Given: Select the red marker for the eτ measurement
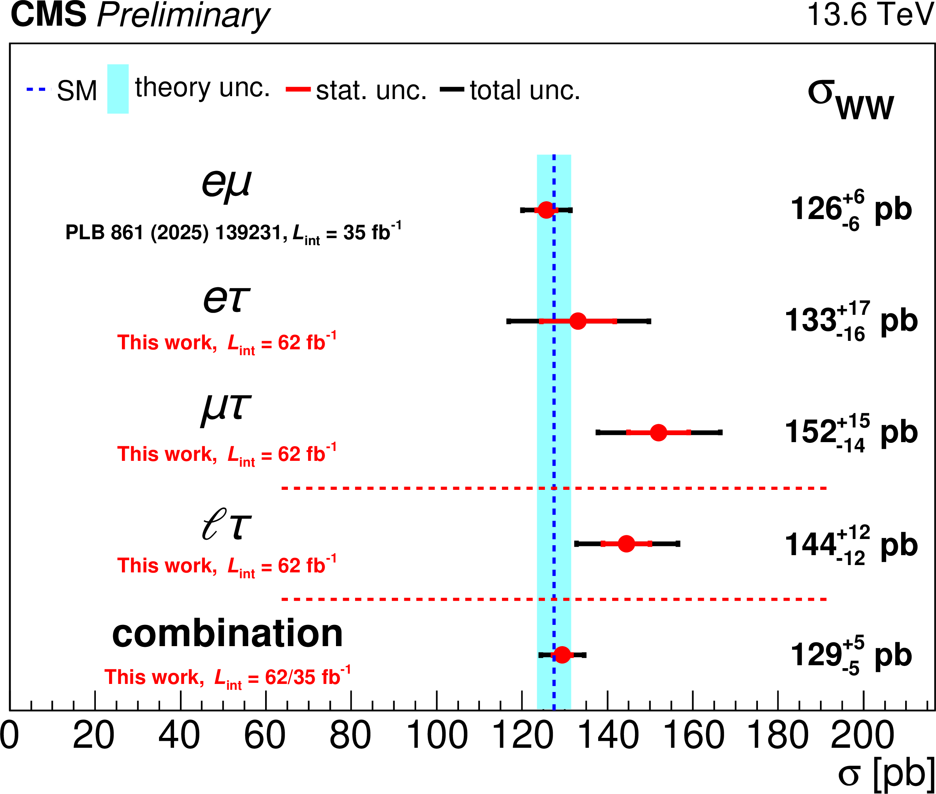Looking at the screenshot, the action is [x=578, y=321].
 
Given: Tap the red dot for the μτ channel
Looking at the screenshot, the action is [x=658, y=432].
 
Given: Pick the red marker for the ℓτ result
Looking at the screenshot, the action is [x=626, y=543].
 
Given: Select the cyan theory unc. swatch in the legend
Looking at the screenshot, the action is [x=118, y=89].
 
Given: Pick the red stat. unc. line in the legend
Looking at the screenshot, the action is [x=298, y=89].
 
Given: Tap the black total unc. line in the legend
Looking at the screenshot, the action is [x=452, y=89].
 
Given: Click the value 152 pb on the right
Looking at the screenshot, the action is [x=851, y=433].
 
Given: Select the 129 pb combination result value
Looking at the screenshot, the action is [x=851, y=655].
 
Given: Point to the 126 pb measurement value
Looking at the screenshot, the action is [x=851, y=210].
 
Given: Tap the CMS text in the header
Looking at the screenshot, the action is [x=48, y=14].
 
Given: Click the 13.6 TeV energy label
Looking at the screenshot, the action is [x=870, y=14].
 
